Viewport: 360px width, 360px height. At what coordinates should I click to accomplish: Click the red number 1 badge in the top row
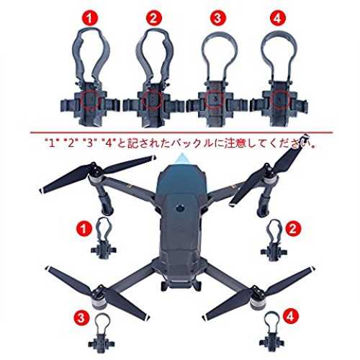tap(89, 18)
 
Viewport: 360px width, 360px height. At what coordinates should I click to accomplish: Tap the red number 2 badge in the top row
tap(153, 18)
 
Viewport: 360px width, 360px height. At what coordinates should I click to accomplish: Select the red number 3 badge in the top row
tap(217, 18)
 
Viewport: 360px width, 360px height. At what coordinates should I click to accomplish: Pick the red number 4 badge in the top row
tap(278, 18)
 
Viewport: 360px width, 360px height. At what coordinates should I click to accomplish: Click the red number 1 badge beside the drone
tap(84, 228)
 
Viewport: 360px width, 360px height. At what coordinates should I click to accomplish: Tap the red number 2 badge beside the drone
tap(293, 228)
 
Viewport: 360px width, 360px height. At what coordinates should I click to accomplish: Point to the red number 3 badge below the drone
tap(81, 318)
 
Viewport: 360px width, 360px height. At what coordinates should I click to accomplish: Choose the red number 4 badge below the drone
tap(291, 316)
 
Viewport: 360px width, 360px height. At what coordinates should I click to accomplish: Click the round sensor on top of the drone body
tap(180, 208)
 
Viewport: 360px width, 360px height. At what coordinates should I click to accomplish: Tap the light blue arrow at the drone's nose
tap(182, 159)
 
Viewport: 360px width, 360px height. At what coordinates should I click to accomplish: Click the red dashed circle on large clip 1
tap(90, 99)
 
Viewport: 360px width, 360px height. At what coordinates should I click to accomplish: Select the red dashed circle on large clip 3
tap(215, 100)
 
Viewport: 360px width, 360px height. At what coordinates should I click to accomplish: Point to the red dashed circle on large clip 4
tap(279, 99)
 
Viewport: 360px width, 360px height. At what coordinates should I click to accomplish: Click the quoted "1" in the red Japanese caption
tap(52, 144)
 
